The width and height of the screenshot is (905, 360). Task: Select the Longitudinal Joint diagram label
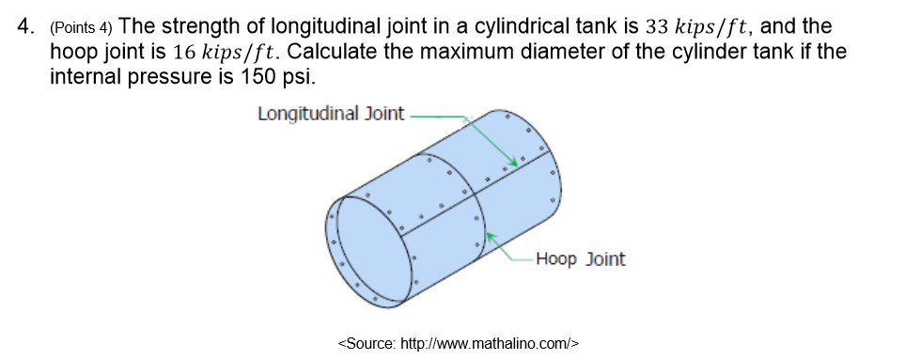tap(330, 114)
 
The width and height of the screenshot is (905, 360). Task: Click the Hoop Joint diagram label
tap(580, 258)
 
